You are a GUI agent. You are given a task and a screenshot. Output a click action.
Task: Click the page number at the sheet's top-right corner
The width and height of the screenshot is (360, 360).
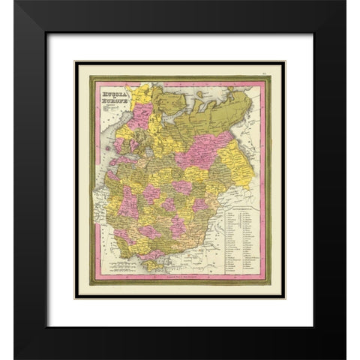(276, 73)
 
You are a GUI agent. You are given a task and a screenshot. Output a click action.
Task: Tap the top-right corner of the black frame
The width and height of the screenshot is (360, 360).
(345, 16)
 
